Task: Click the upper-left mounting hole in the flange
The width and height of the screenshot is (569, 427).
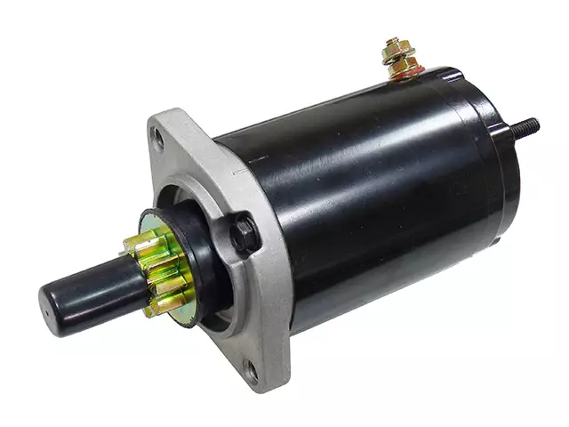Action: click(158, 138)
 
